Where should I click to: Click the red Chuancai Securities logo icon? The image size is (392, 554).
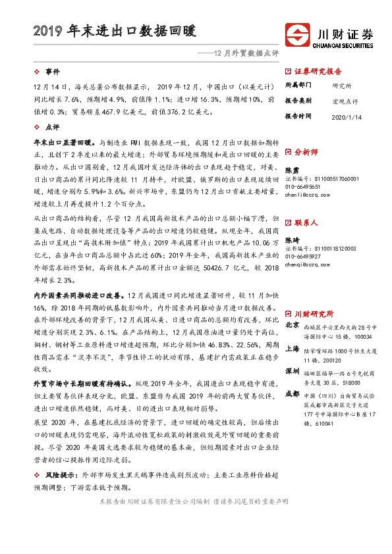297,34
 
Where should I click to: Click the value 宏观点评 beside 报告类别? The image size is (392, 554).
345,101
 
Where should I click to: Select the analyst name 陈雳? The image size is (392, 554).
291,170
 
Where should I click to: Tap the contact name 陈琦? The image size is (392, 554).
291,241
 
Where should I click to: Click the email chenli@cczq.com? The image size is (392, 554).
305,195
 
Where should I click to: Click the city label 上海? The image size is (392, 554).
292,349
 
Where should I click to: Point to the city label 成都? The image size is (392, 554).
292,394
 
